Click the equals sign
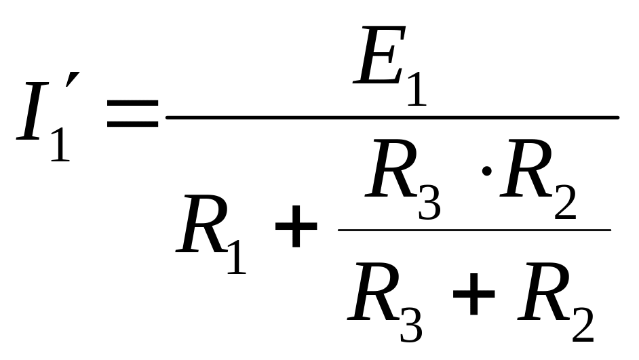pyautogui.click(x=132, y=115)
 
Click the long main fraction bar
pyautogui.click(x=392, y=117)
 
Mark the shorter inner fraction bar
pyautogui.click(x=474, y=229)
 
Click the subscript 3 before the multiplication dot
pyautogui.click(x=429, y=202)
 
